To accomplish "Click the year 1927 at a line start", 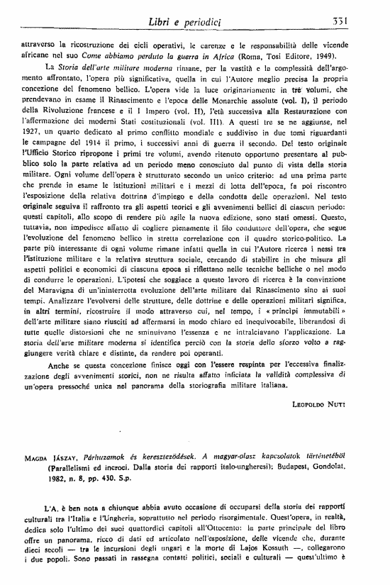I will point(30,132).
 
